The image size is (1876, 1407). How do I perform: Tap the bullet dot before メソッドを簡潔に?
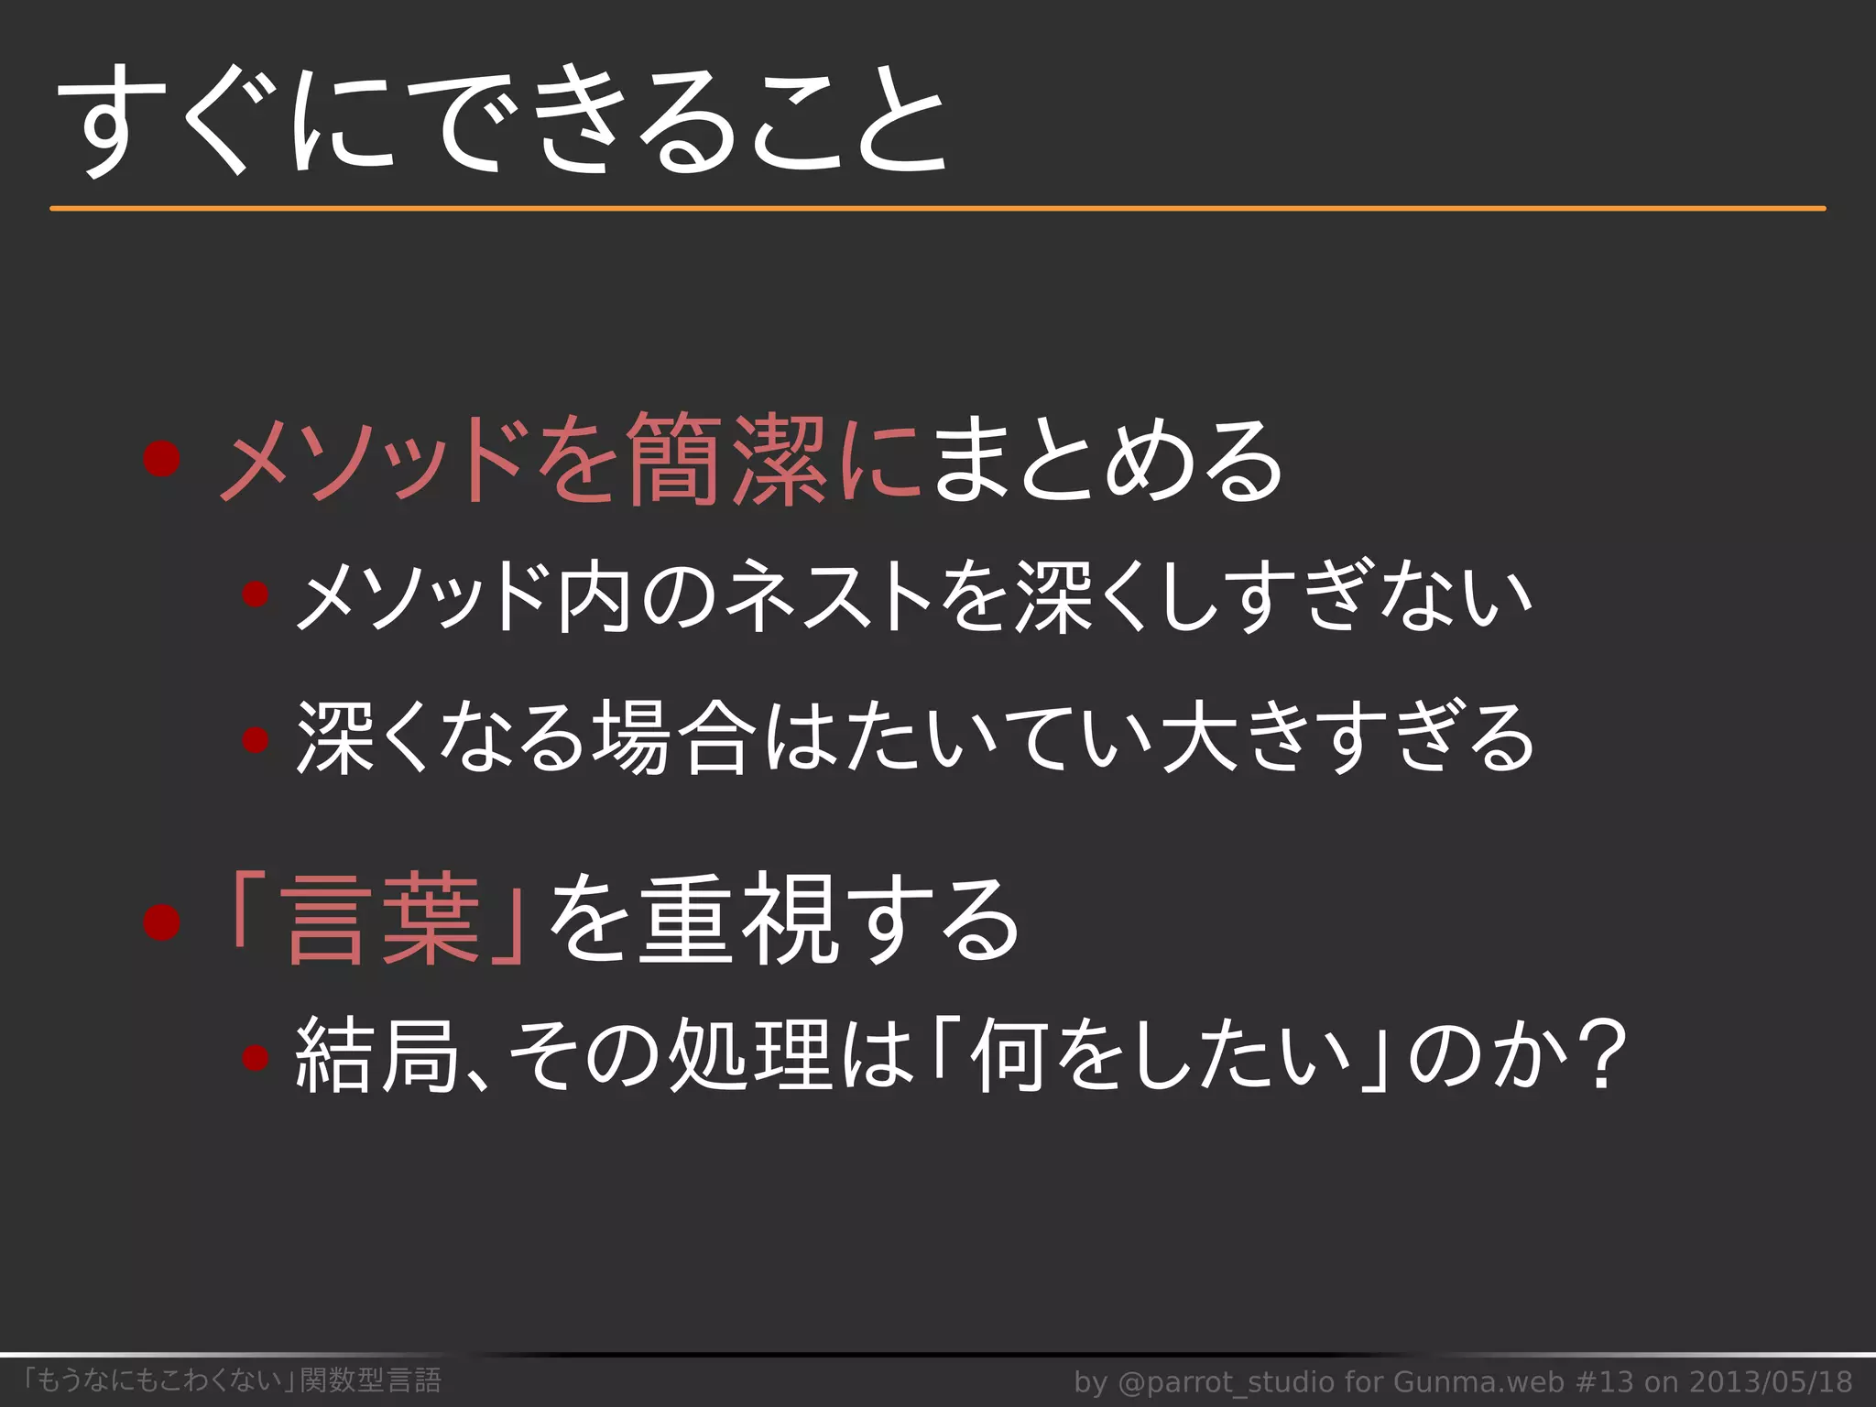[161, 459]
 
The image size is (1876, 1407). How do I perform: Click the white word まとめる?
[1107, 459]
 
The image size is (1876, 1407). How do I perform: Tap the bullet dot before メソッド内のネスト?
[255, 596]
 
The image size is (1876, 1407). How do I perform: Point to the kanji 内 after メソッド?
[594, 596]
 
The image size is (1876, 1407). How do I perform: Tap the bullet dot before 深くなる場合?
[255, 738]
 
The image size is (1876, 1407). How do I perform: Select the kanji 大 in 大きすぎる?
[1201, 738]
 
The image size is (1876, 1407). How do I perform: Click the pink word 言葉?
[382, 921]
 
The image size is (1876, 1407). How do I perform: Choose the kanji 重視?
[736, 921]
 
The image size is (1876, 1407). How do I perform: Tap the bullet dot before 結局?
[255, 1058]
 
